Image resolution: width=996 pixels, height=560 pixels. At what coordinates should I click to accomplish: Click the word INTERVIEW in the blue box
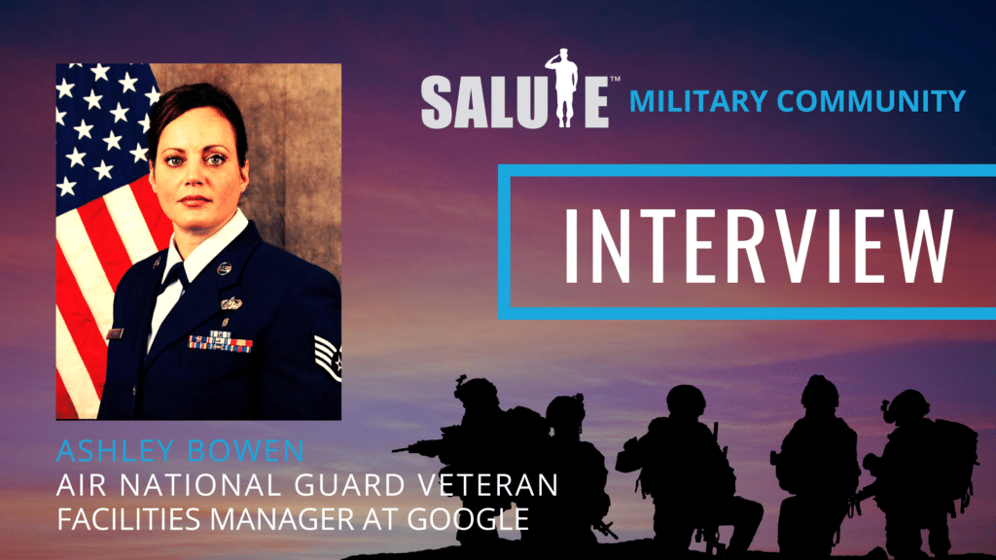coord(759,245)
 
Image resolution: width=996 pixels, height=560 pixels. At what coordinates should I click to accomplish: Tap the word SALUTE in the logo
coord(516,100)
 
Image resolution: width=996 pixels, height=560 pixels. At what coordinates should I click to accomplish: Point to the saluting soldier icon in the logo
coord(560,87)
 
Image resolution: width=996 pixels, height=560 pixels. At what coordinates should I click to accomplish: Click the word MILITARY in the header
coord(698,101)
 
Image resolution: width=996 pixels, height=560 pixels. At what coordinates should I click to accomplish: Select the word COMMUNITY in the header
coord(871,101)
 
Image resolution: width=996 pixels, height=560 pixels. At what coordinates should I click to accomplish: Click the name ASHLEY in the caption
coord(115,450)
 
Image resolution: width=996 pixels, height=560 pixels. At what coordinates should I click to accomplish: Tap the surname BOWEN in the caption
coord(246,450)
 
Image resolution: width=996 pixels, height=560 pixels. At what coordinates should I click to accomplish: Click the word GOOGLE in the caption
coord(468,519)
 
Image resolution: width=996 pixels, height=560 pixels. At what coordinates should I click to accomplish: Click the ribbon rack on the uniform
coord(221,341)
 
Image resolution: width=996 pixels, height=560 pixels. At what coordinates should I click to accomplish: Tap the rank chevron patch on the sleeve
coord(329,357)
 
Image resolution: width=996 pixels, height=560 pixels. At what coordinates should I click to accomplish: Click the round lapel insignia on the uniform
coord(224,268)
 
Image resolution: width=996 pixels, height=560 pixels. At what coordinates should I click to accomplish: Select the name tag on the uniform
coord(115,334)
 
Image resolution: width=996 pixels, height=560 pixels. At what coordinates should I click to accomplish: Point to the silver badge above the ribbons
coord(231,303)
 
